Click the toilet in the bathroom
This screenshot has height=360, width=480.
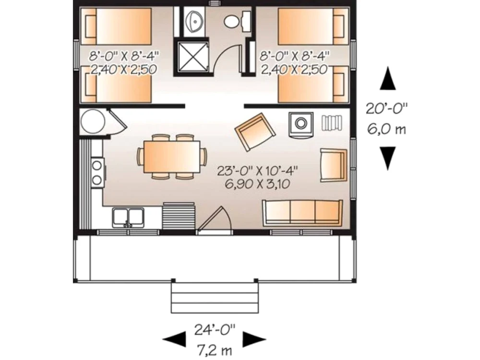[x=237, y=21]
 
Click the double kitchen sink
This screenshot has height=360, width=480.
[x=128, y=217]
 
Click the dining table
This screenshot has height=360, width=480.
[x=172, y=156]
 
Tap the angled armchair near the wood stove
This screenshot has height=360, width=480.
[x=255, y=132]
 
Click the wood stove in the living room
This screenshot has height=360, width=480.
[x=301, y=124]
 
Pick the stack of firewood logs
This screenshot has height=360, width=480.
[x=332, y=123]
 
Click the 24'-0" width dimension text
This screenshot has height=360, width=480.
[x=215, y=330]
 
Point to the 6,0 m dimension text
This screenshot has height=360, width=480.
[x=386, y=130]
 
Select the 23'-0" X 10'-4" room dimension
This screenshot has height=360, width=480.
[x=257, y=170]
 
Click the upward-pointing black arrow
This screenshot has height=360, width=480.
[x=387, y=78]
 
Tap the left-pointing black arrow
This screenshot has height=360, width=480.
[x=174, y=339]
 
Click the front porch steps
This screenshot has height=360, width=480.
[x=215, y=298]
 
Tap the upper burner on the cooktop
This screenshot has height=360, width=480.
[x=97, y=166]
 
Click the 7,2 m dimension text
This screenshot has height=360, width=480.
[x=215, y=350]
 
